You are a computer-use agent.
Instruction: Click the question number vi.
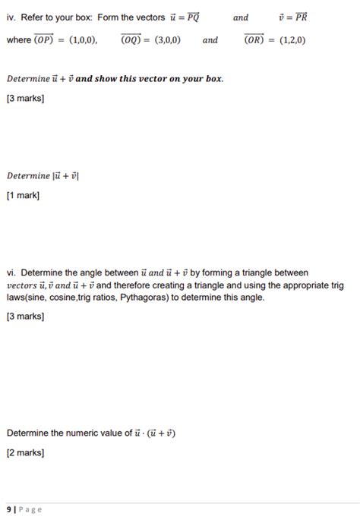(x=11, y=272)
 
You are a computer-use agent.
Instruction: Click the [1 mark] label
(x=23, y=196)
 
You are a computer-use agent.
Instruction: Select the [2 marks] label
(x=25, y=453)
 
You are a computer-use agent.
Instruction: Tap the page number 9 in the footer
(x=9, y=509)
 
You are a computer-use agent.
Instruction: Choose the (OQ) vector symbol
(x=134, y=39)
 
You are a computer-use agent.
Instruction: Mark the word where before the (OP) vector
(x=18, y=40)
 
